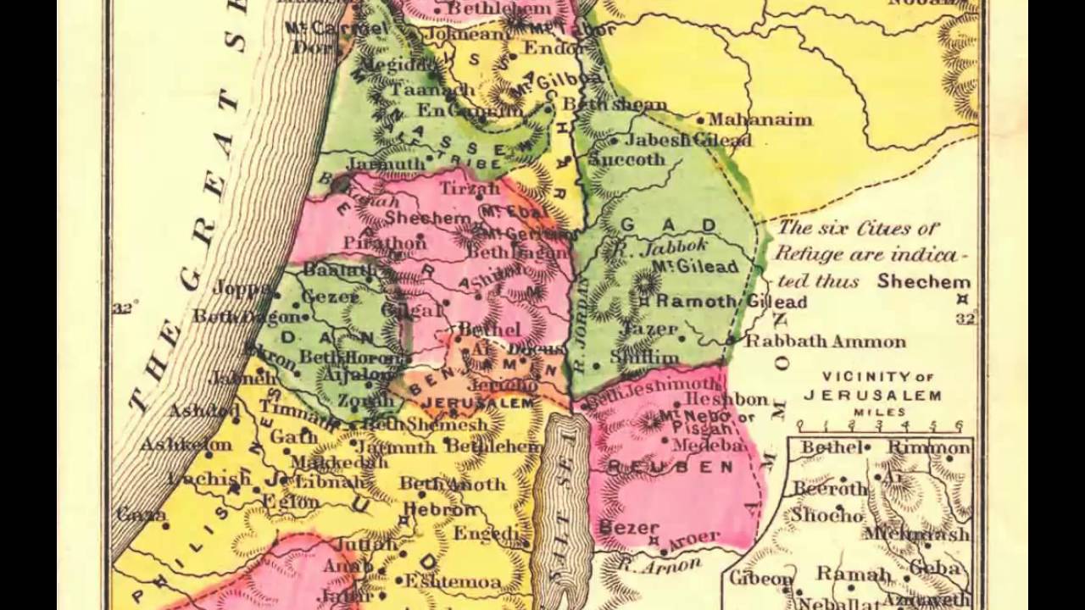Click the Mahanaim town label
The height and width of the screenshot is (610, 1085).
pyautogui.click(x=759, y=119)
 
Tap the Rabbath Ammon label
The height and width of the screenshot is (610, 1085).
pyautogui.click(x=826, y=342)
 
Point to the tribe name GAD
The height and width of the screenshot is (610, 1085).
pyautogui.click(x=670, y=225)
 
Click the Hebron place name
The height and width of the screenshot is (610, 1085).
pyautogui.click(x=441, y=510)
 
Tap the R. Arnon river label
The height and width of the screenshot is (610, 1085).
pyautogui.click(x=659, y=563)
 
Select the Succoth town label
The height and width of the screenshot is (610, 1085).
pyautogui.click(x=626, y=159)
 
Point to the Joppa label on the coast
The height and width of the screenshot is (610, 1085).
pyautogui.click(x=242, y=287)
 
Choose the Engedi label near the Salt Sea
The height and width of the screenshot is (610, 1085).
pyautogui.click(x=486, y=533)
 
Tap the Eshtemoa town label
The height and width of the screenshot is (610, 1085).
pyautogui.click(x=452, y=581)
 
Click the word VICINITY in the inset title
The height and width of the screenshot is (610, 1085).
pyautogui.click(x=854, y=376)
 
